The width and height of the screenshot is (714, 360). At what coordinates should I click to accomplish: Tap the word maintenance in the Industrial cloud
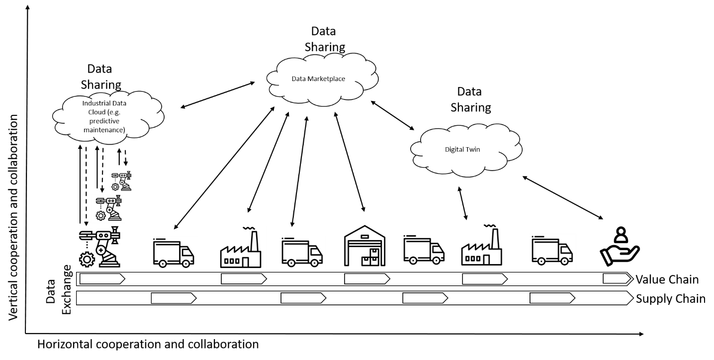tap(104, 130)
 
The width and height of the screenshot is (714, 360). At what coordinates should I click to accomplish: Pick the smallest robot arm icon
tap(121, 181)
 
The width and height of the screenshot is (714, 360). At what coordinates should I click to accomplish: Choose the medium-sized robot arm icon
tap(108, 208)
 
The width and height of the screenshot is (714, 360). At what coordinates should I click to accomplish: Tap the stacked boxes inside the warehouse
tap(370, 258)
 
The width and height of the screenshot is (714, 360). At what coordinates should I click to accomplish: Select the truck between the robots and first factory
tap(174, 254)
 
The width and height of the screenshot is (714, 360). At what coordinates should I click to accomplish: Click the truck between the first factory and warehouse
tap(302, 253)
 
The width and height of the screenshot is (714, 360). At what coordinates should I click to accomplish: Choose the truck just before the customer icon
tap(552, 251)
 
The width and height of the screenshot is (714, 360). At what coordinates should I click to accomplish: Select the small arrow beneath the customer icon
tap(617, 278)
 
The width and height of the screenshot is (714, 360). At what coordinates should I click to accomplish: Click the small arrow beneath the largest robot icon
tap(101, 279)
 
